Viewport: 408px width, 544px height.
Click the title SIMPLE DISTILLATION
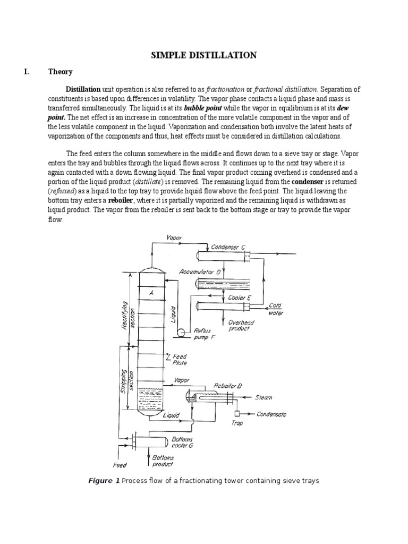[204, 55]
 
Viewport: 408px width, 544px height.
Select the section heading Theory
[60, 72]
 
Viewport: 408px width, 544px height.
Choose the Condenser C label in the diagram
[228, 246]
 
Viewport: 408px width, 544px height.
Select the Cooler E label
[240, 299]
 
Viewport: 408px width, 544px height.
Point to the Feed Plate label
[180, 360]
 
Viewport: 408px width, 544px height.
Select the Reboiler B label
[228, 386]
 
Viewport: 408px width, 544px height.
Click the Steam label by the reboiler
[265, 396]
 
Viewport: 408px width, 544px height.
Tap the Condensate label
[271, 414]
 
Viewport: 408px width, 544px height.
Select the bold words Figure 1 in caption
[104, 481]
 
